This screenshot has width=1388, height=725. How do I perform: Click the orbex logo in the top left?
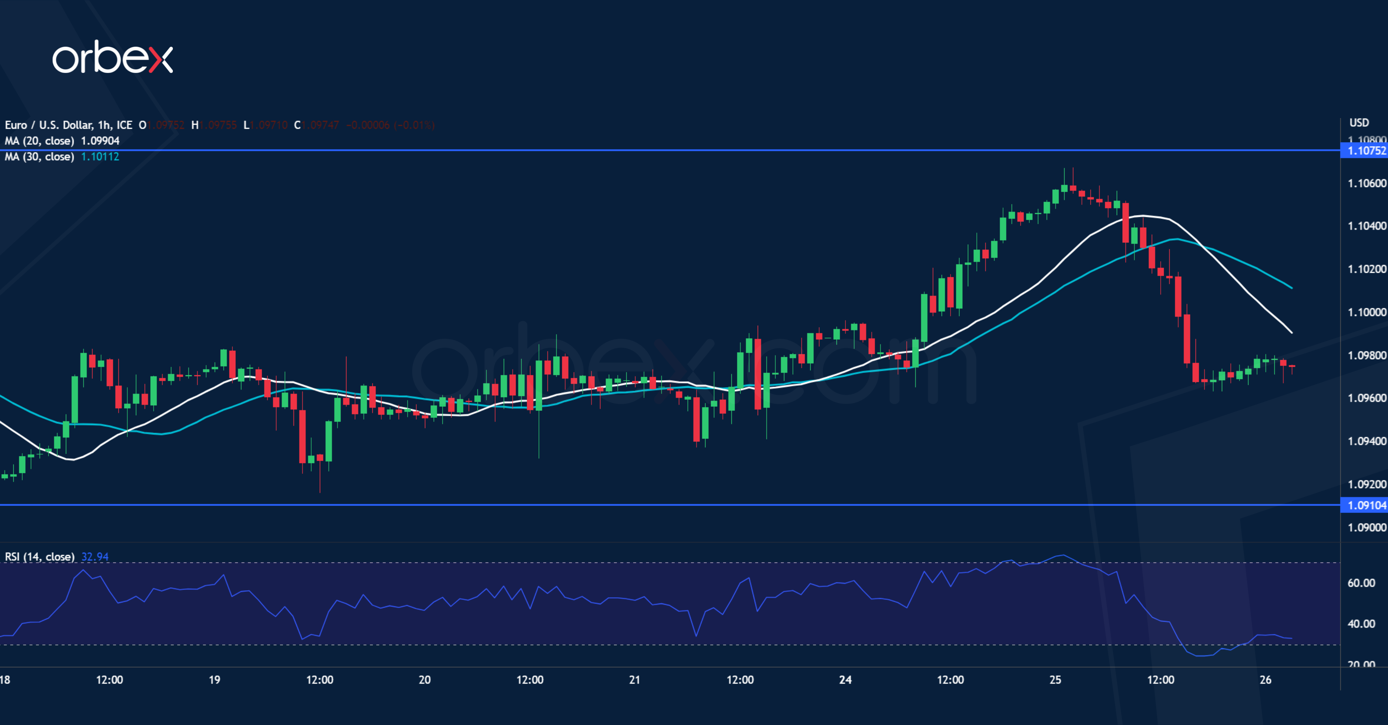click(112, 57)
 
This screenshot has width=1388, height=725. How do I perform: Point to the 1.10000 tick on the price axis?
click(1367, 312)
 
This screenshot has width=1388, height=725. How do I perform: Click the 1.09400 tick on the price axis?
click(1367, 441)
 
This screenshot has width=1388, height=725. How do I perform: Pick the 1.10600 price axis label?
click(1367, 184)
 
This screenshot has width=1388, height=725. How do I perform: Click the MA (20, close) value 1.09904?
click(100, 141)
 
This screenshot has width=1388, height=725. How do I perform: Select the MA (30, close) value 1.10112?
click(100, 157)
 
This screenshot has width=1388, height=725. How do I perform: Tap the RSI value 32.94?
click(95, 556)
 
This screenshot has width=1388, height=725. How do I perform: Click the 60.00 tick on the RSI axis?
click(1361, 583)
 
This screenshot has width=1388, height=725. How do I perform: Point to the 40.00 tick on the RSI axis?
click(1361, 624)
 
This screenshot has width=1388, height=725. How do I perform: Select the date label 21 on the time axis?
click(635, 680)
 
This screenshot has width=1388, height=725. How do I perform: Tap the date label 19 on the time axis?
click(214, 680)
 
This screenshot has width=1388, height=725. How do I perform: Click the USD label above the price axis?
click(1359, 123)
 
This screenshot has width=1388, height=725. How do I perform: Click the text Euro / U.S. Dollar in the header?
click(48, 125)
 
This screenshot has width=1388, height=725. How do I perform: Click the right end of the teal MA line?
click(1291, 288)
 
